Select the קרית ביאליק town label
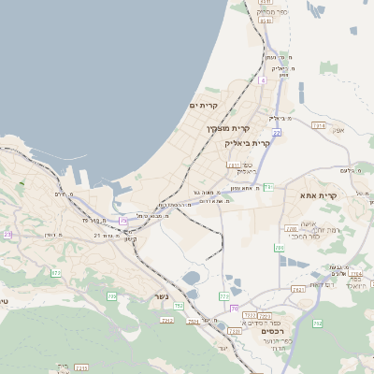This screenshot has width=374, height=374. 247,143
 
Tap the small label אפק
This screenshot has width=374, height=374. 338,130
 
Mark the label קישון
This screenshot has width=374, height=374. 131,238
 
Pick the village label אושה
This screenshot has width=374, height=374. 308,223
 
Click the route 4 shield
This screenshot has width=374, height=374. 263,80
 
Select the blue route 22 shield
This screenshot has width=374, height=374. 277,133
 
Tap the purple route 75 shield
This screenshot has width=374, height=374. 123,221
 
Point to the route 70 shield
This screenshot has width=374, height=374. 234,307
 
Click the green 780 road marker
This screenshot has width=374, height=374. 279,248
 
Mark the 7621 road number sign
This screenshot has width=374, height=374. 297,290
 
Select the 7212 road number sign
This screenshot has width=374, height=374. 167,320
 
